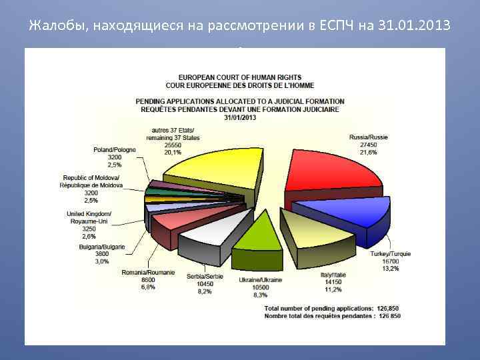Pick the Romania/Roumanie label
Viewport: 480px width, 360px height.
tap(148, 273)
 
